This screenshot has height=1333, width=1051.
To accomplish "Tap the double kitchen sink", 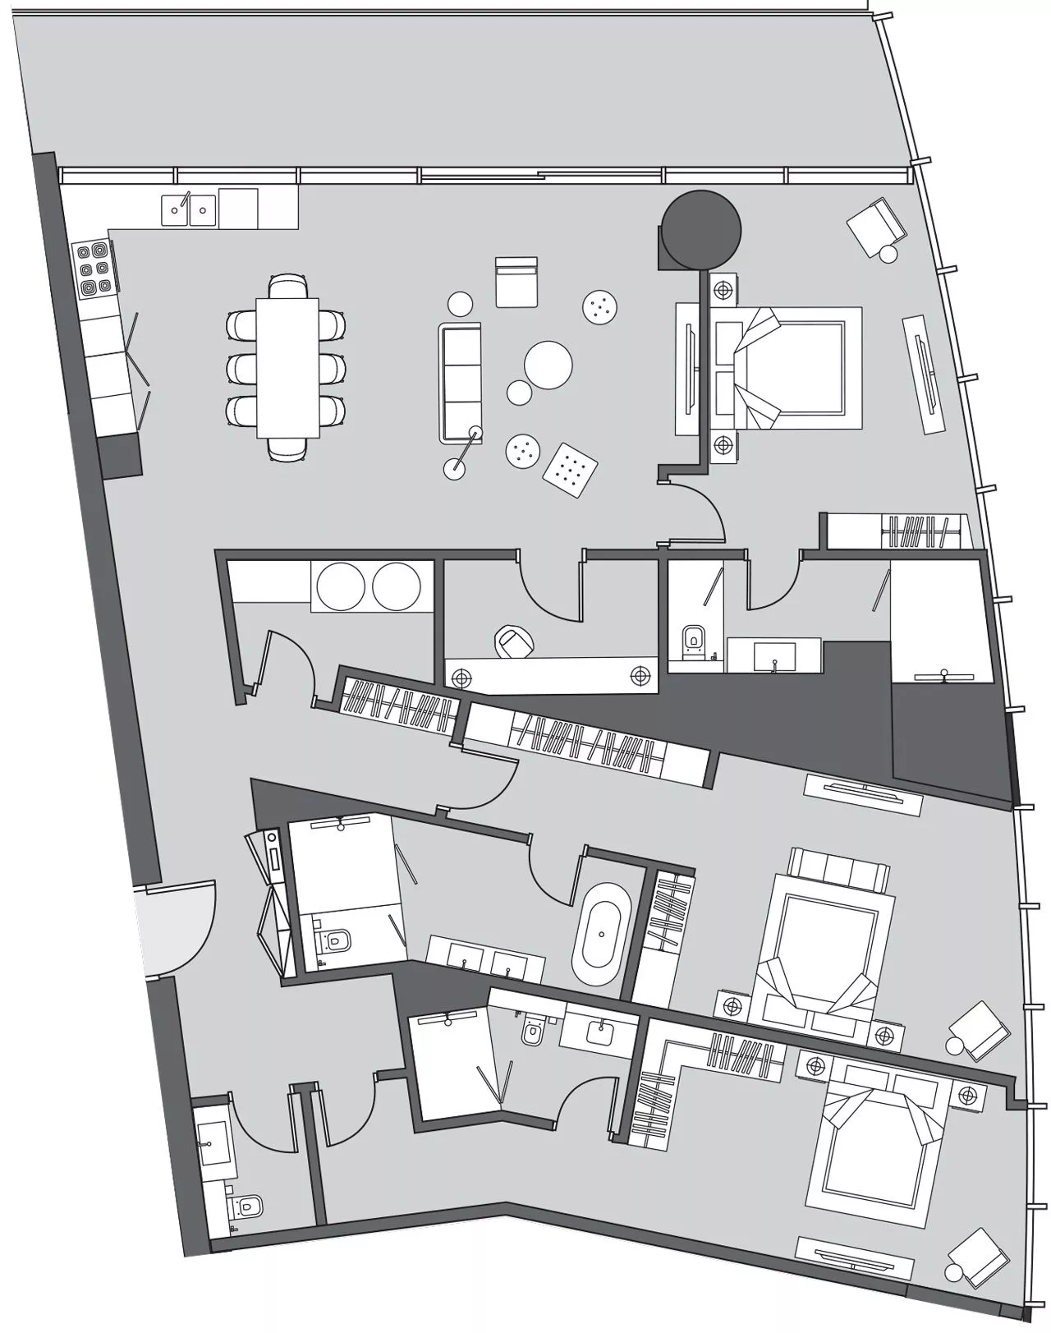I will [189, 209].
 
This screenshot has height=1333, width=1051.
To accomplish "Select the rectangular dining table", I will [287, 367].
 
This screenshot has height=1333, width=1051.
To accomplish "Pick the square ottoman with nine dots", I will [570, 469].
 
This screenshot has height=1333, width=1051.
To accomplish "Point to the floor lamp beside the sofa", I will [454, 468].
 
